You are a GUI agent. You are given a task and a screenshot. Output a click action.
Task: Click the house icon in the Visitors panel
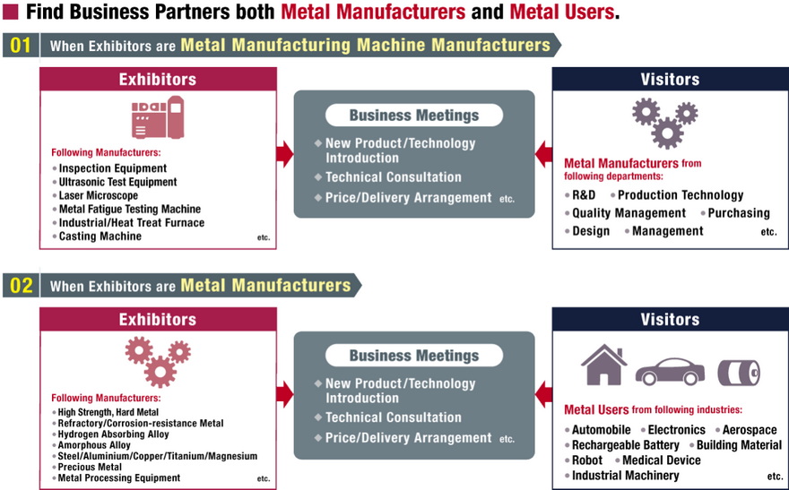pos(603,365)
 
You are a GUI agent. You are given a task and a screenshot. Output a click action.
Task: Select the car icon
pos(670,370)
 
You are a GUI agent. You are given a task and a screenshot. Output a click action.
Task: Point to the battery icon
pos(738,371)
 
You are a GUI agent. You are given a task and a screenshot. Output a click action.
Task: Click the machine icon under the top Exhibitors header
pos(158,118)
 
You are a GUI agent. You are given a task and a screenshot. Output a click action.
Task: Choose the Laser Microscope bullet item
pos(99,195)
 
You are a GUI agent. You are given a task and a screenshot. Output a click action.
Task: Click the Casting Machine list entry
pos(100,236)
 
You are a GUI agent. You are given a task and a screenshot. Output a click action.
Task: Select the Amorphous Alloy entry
pos(94,445)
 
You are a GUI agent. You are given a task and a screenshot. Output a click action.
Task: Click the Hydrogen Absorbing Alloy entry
pos(113,434)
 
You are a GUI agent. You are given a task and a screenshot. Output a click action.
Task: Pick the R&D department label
pos(584,195)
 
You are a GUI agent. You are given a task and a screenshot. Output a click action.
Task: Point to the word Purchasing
pos(739,213)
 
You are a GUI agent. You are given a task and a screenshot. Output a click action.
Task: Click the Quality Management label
pos(629,213)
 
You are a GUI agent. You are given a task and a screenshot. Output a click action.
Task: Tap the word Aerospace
pos(749,430)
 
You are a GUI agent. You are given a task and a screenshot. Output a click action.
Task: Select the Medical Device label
pos(663,460)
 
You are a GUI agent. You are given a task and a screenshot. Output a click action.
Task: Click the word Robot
pos(587,460)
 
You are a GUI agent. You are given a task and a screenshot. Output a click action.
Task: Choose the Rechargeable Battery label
pos(626,445)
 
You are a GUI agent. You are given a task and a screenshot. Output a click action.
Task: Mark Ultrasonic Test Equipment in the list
pos(117,182)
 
